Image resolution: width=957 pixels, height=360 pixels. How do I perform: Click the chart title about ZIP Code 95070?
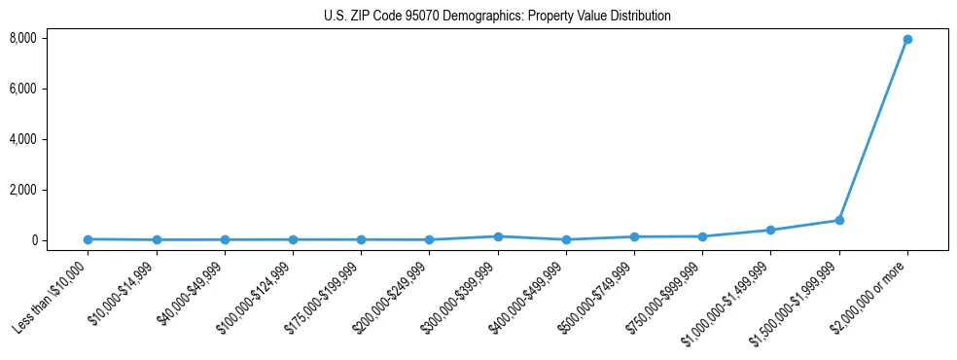[x=497, y=16]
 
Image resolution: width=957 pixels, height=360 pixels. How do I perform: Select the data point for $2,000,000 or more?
[x=906, y=39]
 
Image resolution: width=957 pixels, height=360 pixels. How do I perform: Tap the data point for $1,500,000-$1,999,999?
[x=838, y=220]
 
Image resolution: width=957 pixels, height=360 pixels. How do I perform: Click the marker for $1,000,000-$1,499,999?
[x=770, y=231]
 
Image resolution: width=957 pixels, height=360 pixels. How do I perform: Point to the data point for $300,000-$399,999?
[x=498, y=236]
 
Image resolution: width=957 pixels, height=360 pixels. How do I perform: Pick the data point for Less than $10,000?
[x=89, y=239]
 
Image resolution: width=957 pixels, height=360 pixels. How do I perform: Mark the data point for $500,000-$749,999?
[x=634, y=236]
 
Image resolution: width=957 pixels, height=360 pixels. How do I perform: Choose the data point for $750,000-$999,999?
[x=702, y=236]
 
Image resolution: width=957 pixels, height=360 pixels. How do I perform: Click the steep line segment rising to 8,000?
[x=872, y=129]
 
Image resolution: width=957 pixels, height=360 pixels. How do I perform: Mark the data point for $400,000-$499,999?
[x=566, y=239]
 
